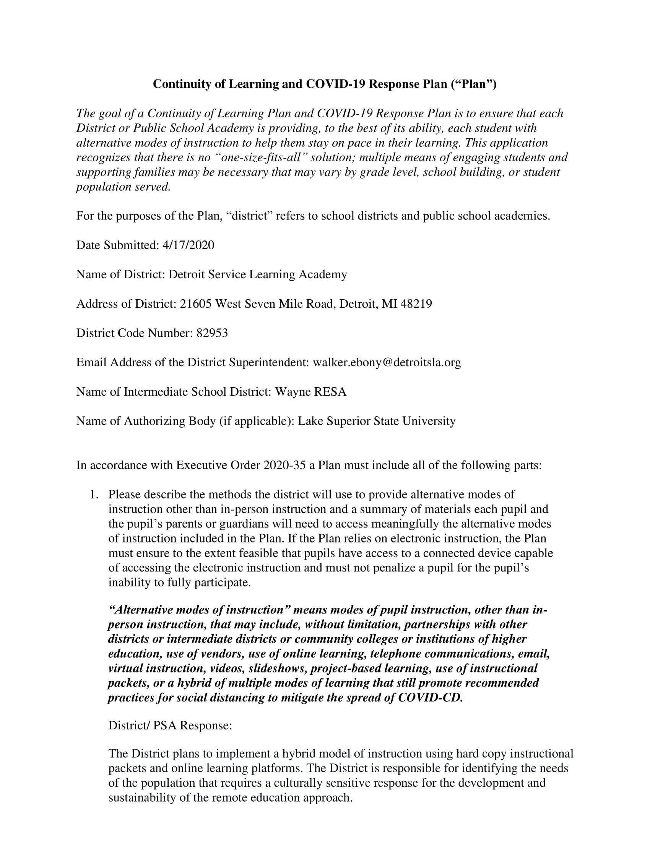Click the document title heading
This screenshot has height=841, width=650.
(325, 84)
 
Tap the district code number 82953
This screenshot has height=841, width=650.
(212, 333)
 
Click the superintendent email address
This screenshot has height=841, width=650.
(387, 362)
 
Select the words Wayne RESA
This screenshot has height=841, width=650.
(310, 391)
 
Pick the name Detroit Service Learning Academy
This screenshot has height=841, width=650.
(258, 274)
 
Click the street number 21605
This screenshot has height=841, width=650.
(196, 304)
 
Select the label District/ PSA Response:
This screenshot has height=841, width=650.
(170, 726)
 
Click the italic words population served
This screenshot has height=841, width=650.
(123, 187)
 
